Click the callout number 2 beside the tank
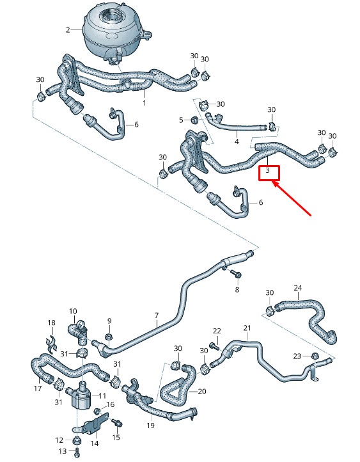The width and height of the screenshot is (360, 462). coord(68,30)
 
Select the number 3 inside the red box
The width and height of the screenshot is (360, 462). coord(267,170)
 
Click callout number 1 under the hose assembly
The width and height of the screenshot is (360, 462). coord(145,103)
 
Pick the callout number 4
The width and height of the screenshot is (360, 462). coord(237,141)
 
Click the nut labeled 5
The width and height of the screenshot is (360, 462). coord(194,120)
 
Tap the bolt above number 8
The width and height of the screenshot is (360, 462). coord(237,273)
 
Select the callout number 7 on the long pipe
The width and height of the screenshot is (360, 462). coord(156,315)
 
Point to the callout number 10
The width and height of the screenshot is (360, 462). coord(73,311)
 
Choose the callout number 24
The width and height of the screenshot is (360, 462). coord(298,288)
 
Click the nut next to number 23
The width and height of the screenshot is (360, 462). coord(315,356)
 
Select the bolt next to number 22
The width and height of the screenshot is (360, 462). coord(214,346)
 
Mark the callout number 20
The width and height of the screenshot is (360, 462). coord(202,392)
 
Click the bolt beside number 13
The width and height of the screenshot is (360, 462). coord(77,451)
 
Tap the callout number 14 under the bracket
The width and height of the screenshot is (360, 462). coord(95,443)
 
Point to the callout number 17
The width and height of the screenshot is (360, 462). coord(38,388)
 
